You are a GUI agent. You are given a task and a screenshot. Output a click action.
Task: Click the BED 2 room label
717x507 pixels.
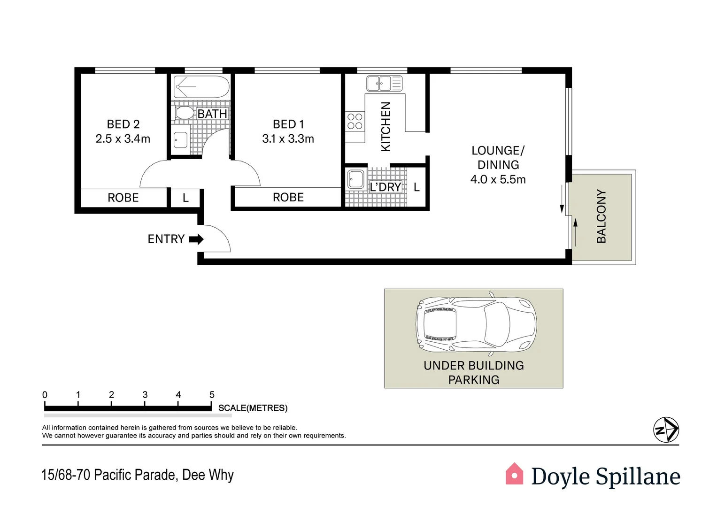(123, 124)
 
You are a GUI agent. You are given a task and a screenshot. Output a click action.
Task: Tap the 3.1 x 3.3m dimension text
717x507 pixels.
(288, 139)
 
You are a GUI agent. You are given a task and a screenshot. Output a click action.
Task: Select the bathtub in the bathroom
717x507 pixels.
(201, 87)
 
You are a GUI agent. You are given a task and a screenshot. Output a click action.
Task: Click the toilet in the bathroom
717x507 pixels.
(184, 113)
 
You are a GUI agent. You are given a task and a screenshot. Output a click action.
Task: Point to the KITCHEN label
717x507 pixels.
(385, 127)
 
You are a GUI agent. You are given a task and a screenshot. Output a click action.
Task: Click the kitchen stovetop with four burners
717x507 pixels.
(355, 122)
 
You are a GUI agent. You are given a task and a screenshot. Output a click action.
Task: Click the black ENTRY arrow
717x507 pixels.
(196, 239)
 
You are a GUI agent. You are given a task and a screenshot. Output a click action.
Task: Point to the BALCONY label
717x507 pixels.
(601, 216)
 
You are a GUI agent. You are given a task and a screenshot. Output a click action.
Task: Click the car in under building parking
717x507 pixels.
(476, 324)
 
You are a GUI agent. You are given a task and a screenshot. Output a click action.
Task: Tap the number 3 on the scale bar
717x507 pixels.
(145, 395)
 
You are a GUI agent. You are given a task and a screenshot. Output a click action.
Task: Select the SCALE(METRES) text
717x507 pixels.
(253, 408)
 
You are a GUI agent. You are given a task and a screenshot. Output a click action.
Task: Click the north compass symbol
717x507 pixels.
(666, 430)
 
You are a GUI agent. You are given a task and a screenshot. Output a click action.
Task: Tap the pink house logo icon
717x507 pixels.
(514, 474)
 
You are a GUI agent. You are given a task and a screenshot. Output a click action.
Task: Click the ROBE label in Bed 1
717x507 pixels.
(288, 198)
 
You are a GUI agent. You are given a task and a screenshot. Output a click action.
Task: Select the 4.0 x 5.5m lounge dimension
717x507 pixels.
(498, 180)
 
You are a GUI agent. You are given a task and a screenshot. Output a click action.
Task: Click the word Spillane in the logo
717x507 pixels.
(638, 476)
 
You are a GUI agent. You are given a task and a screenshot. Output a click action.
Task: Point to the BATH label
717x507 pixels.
(212, 114)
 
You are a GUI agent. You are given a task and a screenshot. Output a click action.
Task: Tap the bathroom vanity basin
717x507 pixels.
(180, 140)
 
